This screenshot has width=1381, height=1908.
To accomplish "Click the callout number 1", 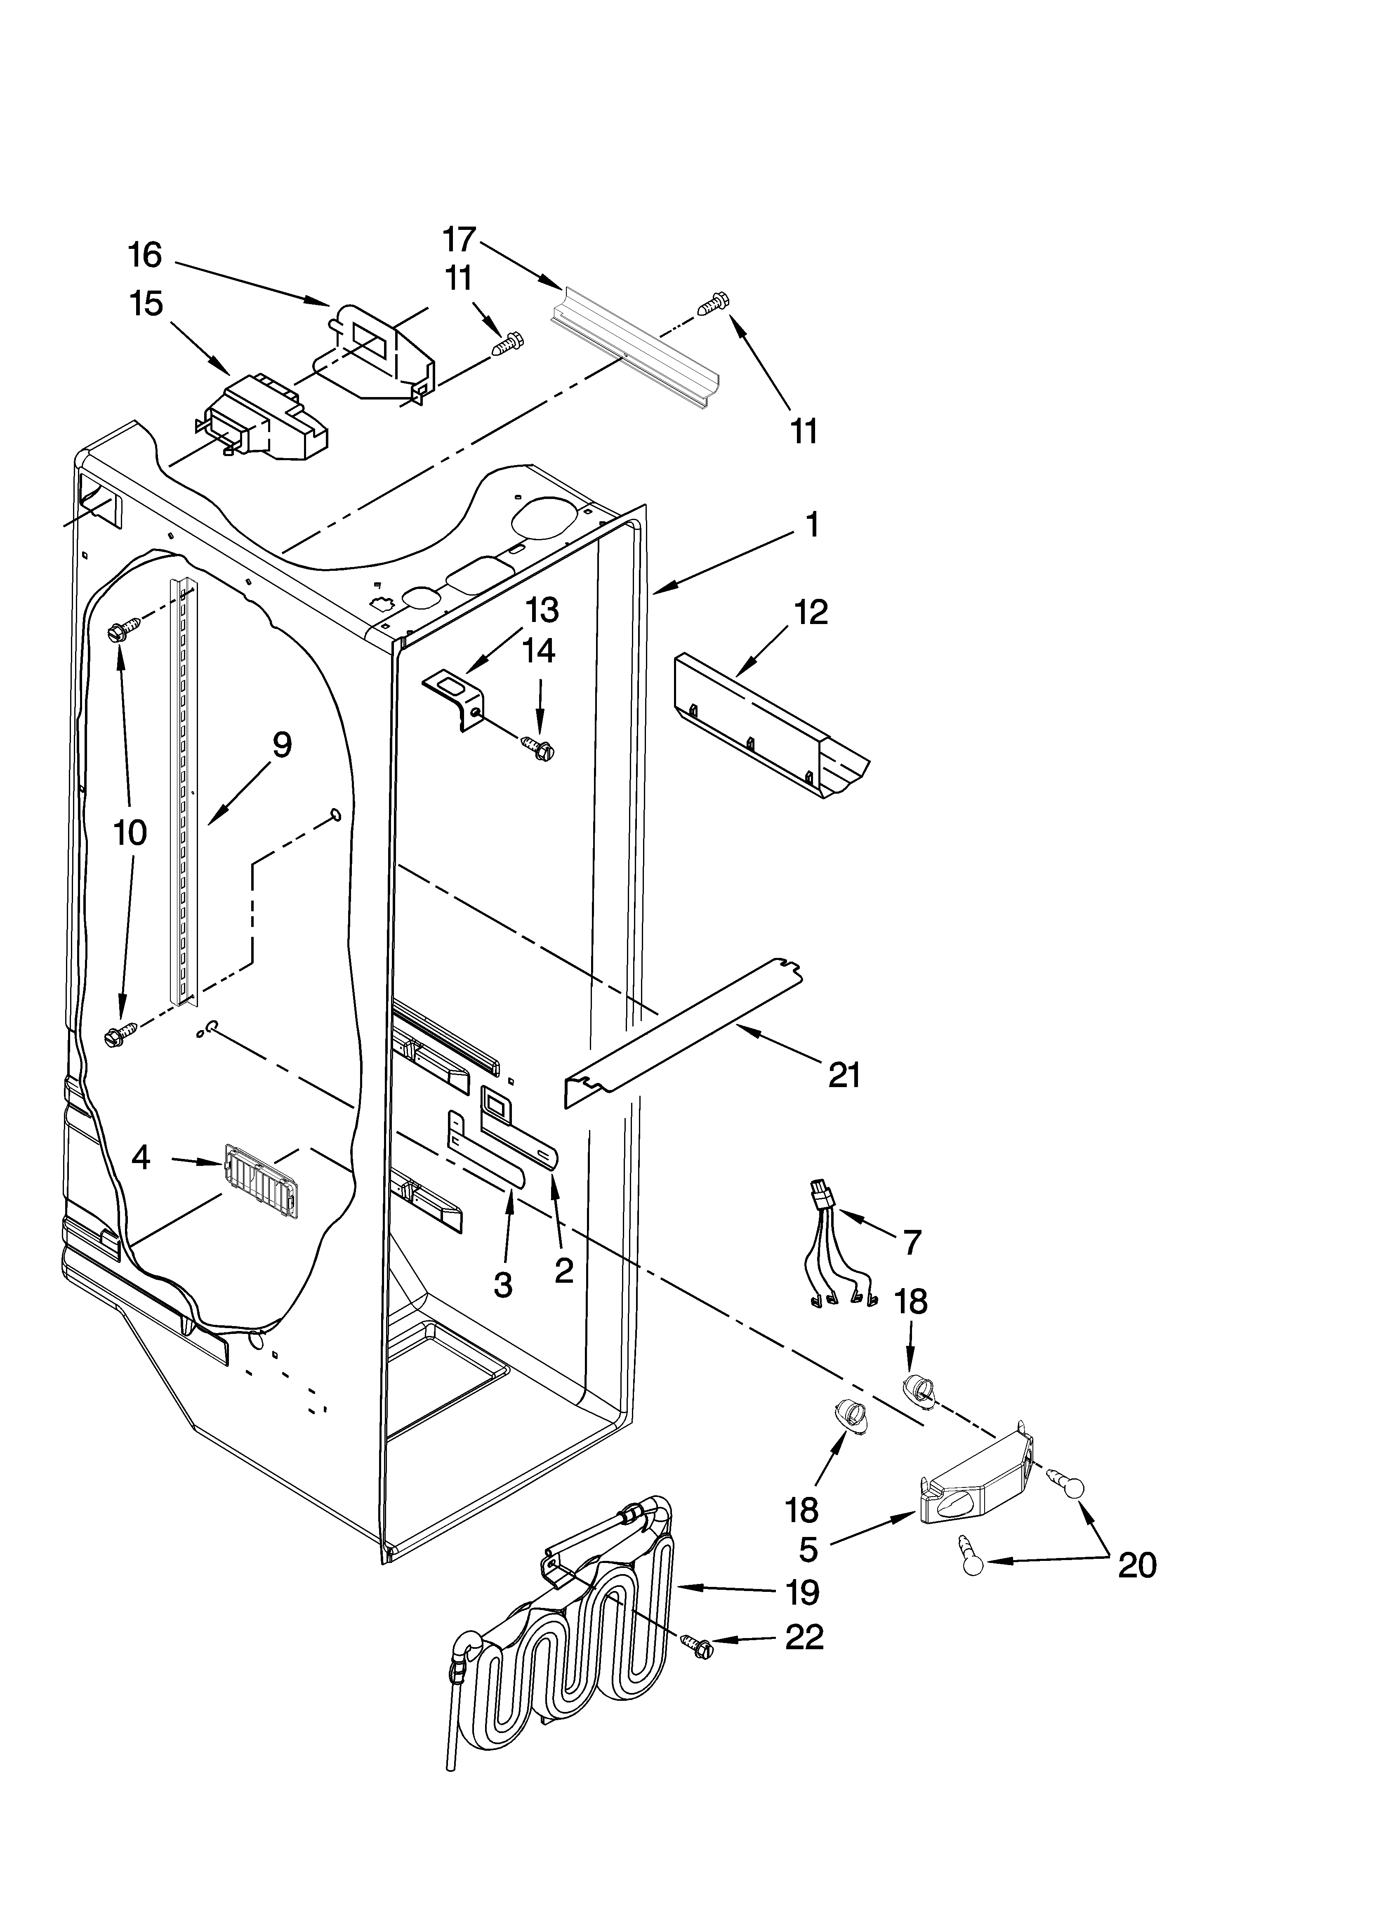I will [x=811, y=525].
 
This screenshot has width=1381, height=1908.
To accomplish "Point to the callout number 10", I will [x=130, y=833].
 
